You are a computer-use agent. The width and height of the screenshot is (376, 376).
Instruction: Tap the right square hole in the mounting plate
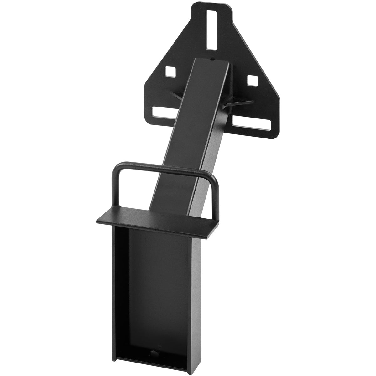pos(252,80)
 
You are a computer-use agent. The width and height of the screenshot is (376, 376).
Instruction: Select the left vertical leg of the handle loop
pos(115,188)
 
